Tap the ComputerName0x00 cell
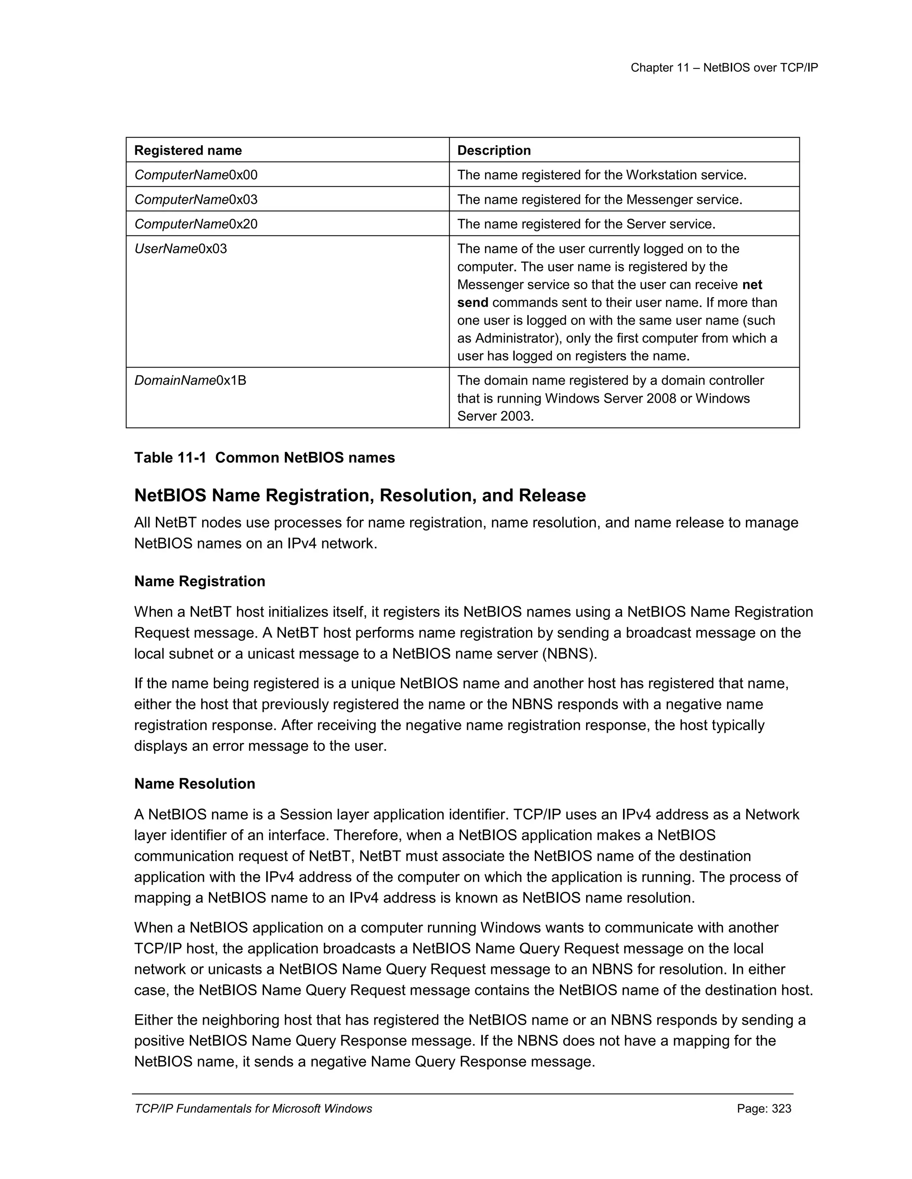(x=195, y=175)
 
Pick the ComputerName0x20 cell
(x=195, y=224)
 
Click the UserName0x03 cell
(x=180, y=249)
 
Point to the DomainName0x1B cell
(x=190, y=380)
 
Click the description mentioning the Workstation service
(x=601, y=175)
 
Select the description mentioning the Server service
(x=586, y=224)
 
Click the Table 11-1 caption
(x=264, y=458)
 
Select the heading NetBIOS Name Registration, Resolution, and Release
(x=359, y=496)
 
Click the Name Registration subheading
(x=199, y=581)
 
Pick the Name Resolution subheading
(x=195, y=784)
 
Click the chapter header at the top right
(x=724, y=68)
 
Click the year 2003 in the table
(x=517, y=416)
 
